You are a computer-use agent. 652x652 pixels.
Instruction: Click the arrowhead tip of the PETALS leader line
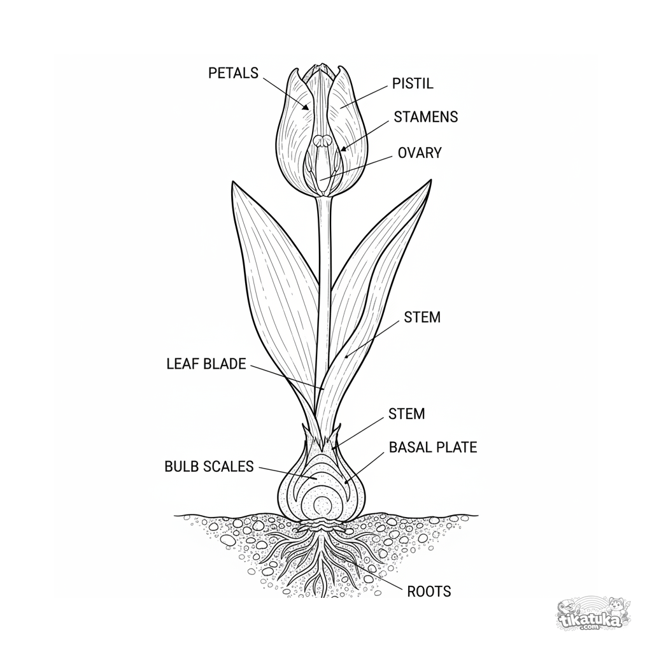[x=309, y=110]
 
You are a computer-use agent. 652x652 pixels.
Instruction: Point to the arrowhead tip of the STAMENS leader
[x=341, y=150]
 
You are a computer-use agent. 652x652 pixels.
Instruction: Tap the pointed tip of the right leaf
[x=431, y=180]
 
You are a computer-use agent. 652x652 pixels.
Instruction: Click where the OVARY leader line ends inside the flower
[x=321, y=180]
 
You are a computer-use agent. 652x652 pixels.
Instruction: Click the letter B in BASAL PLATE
[x=393, y=448]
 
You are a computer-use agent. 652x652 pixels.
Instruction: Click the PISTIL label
[x=413, y=83]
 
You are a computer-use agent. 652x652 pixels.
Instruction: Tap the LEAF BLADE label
[x=206, y=364]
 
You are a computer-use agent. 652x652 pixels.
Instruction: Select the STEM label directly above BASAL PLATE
[x=407, y=414]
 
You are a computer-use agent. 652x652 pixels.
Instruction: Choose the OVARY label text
[x=420, y=153]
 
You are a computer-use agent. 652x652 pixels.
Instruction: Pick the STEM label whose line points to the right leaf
[x=422, y=317]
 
